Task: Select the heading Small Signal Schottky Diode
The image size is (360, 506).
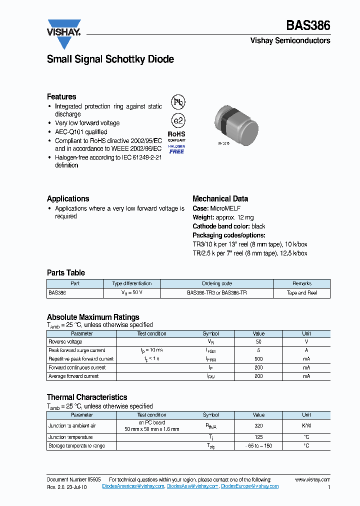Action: [x=110, y=59]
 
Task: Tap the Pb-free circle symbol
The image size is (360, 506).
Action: [x=177, y=102]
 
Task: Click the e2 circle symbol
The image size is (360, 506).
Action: [x=177, y=121]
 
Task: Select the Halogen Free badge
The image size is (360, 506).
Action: [x=176, y=149]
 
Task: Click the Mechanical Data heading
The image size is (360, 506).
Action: [x=220, y=198]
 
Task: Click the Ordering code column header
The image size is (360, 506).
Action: [x=216, y=283]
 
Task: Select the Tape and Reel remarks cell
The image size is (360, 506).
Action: [x=301, y=293]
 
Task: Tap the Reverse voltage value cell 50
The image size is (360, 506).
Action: [x=258, y=342]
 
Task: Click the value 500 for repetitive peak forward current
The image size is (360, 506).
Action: [x=258, y=359]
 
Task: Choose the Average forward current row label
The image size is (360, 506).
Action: [x=73, y=376]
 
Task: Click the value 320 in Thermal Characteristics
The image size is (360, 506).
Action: [x=258, y=426]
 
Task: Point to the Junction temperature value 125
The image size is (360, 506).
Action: [x=258, y=437]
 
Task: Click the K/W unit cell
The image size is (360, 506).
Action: [x=306, y=426]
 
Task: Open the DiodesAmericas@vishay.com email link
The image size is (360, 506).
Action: [x=133, y=486]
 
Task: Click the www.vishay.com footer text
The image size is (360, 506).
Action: [x=312, y=479]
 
